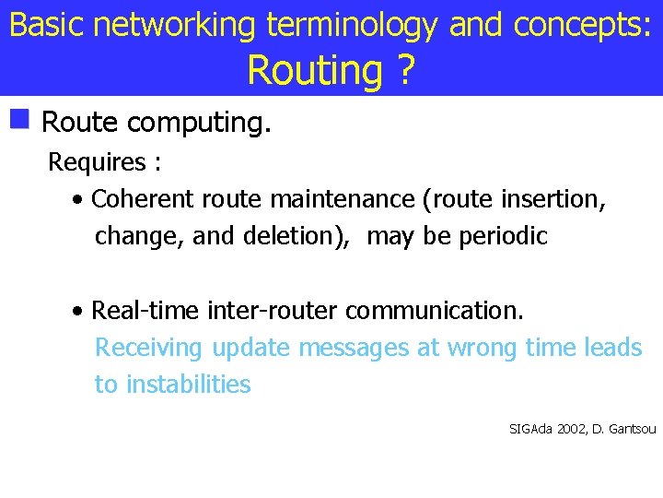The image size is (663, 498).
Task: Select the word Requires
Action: tap(97, 162)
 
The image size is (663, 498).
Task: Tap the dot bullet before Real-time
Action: tap(80, 311)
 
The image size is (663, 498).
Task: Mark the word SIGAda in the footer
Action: tap(528, 429)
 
